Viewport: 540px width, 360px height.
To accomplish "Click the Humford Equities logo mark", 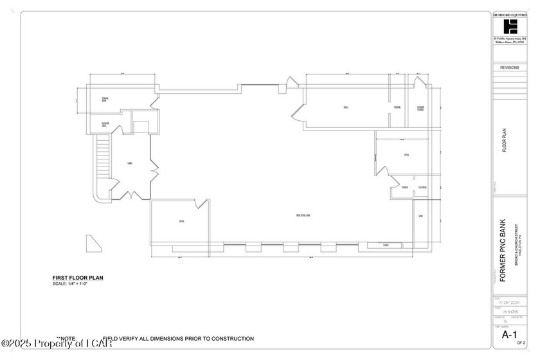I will point(510,26).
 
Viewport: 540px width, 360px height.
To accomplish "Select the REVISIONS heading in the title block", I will point(510,67).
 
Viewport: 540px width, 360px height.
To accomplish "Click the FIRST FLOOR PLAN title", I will point(78,278).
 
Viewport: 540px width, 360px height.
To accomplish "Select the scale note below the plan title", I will point(71,284).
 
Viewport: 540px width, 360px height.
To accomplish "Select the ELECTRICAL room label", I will point(422,188).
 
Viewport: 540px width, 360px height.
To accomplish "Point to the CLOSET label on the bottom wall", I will point(385,245).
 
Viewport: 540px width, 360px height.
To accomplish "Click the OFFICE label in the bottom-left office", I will point(181,221).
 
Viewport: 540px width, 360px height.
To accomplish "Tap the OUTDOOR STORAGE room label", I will point(420,108).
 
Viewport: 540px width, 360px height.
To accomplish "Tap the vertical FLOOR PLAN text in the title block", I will point(505,139).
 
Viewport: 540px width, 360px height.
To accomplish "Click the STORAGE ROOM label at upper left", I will point(104,99).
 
